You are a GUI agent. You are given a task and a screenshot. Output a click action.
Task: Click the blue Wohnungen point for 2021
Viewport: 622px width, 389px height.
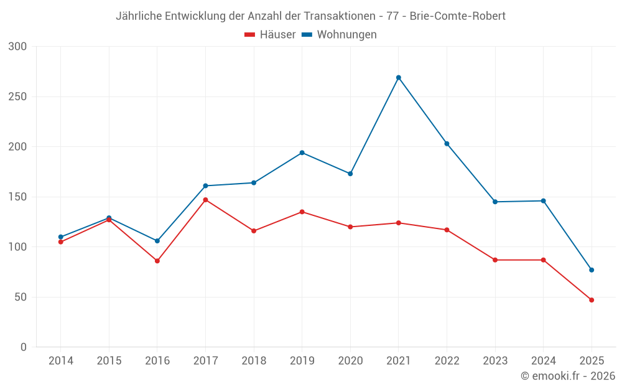(399, 78)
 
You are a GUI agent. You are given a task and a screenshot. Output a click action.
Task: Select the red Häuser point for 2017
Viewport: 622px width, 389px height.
(205, 200)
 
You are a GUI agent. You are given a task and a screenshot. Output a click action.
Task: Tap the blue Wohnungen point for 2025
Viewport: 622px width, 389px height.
(592, 270)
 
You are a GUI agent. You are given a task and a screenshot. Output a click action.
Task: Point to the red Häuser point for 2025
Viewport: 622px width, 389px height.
(592, 300)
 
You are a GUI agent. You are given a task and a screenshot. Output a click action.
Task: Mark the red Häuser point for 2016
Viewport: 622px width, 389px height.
(157, 261)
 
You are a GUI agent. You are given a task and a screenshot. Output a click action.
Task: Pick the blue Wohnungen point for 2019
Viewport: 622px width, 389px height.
(302, 152)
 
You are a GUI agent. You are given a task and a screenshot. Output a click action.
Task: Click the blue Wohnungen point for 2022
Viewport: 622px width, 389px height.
(447, 144)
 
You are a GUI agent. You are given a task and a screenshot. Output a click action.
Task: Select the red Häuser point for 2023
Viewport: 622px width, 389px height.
(495, 260)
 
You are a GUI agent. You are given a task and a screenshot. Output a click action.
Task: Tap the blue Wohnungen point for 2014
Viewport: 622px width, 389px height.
(61, 237)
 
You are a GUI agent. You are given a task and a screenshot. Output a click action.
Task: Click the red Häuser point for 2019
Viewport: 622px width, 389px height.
(302, 212)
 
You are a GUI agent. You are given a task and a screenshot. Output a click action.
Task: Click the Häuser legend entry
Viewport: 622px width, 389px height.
(270, 35)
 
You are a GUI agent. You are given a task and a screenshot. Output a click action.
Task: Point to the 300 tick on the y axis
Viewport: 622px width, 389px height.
(18, 47)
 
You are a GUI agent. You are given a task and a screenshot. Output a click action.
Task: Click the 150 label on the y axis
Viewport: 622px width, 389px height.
(18, 197)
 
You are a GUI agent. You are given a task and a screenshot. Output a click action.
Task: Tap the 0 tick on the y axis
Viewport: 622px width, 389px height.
(24, 347)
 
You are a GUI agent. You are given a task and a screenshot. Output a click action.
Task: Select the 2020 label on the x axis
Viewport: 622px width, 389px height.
(350, 361)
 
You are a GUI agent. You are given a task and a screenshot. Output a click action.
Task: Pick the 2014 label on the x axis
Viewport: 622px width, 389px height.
(61, 361)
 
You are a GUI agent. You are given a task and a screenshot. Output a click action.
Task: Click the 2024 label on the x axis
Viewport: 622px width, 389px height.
(543, 361)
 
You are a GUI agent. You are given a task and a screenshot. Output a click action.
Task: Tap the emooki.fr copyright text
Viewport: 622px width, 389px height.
(567, 376)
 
